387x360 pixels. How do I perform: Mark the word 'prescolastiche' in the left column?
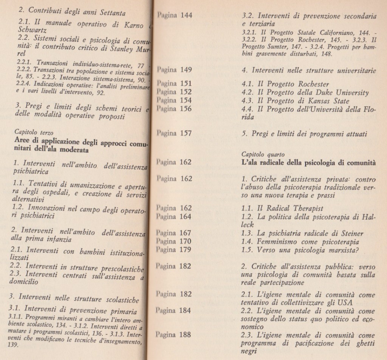122,269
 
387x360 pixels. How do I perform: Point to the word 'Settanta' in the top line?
111,13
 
